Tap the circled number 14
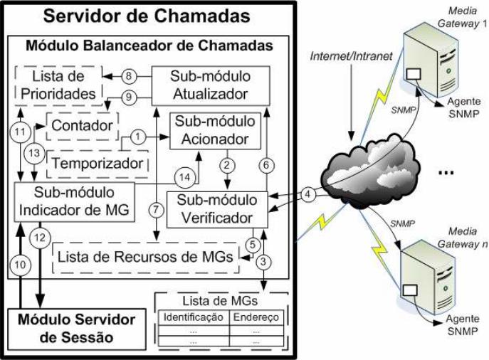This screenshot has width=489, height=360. coord(184,177)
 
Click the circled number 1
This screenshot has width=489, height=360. coord(139,134)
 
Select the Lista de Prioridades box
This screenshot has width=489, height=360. coord(61,83)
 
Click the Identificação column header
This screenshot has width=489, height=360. coord(194,317)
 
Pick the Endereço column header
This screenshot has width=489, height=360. coord(256,317)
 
